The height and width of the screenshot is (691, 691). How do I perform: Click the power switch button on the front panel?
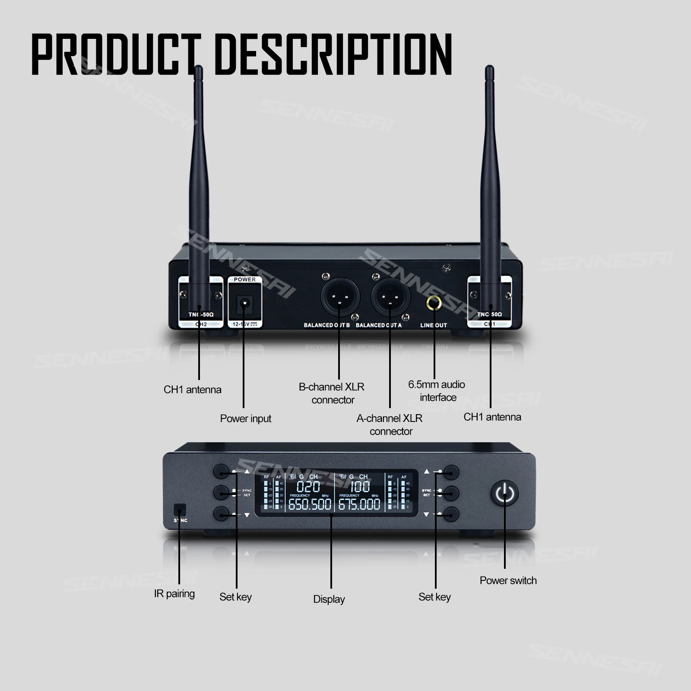tap(504, 493)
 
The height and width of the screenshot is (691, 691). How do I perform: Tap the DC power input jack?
tap(244, 304)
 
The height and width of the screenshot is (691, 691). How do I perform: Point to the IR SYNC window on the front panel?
tap(179, 510)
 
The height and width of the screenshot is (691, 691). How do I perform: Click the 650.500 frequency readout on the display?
tap(310, 504)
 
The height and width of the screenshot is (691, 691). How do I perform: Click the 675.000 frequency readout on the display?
tap(359, 504)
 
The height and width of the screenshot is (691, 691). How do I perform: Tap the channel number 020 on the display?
tap(308, 487)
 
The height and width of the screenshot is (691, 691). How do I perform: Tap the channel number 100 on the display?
tap(359, 487)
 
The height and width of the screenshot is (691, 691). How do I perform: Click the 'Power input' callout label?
tap(246, 418)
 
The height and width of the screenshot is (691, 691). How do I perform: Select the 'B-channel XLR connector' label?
tap(332, 393)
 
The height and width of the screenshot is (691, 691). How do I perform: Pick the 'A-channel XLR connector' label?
tap(390, 425)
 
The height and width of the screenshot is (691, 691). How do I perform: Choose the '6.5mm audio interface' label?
tap(437, 391)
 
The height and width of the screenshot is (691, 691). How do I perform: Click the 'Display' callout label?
tap(329, 599)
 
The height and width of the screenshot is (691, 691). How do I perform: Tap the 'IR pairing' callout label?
tap(174, 594)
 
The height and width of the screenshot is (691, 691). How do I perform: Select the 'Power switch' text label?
tap(508, 580)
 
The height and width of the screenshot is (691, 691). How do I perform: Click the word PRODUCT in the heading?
tap(117, 55)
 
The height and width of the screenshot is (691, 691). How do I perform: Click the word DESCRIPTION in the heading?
tap(333, 55)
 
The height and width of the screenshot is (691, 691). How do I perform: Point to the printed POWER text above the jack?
tap(244, 279)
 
